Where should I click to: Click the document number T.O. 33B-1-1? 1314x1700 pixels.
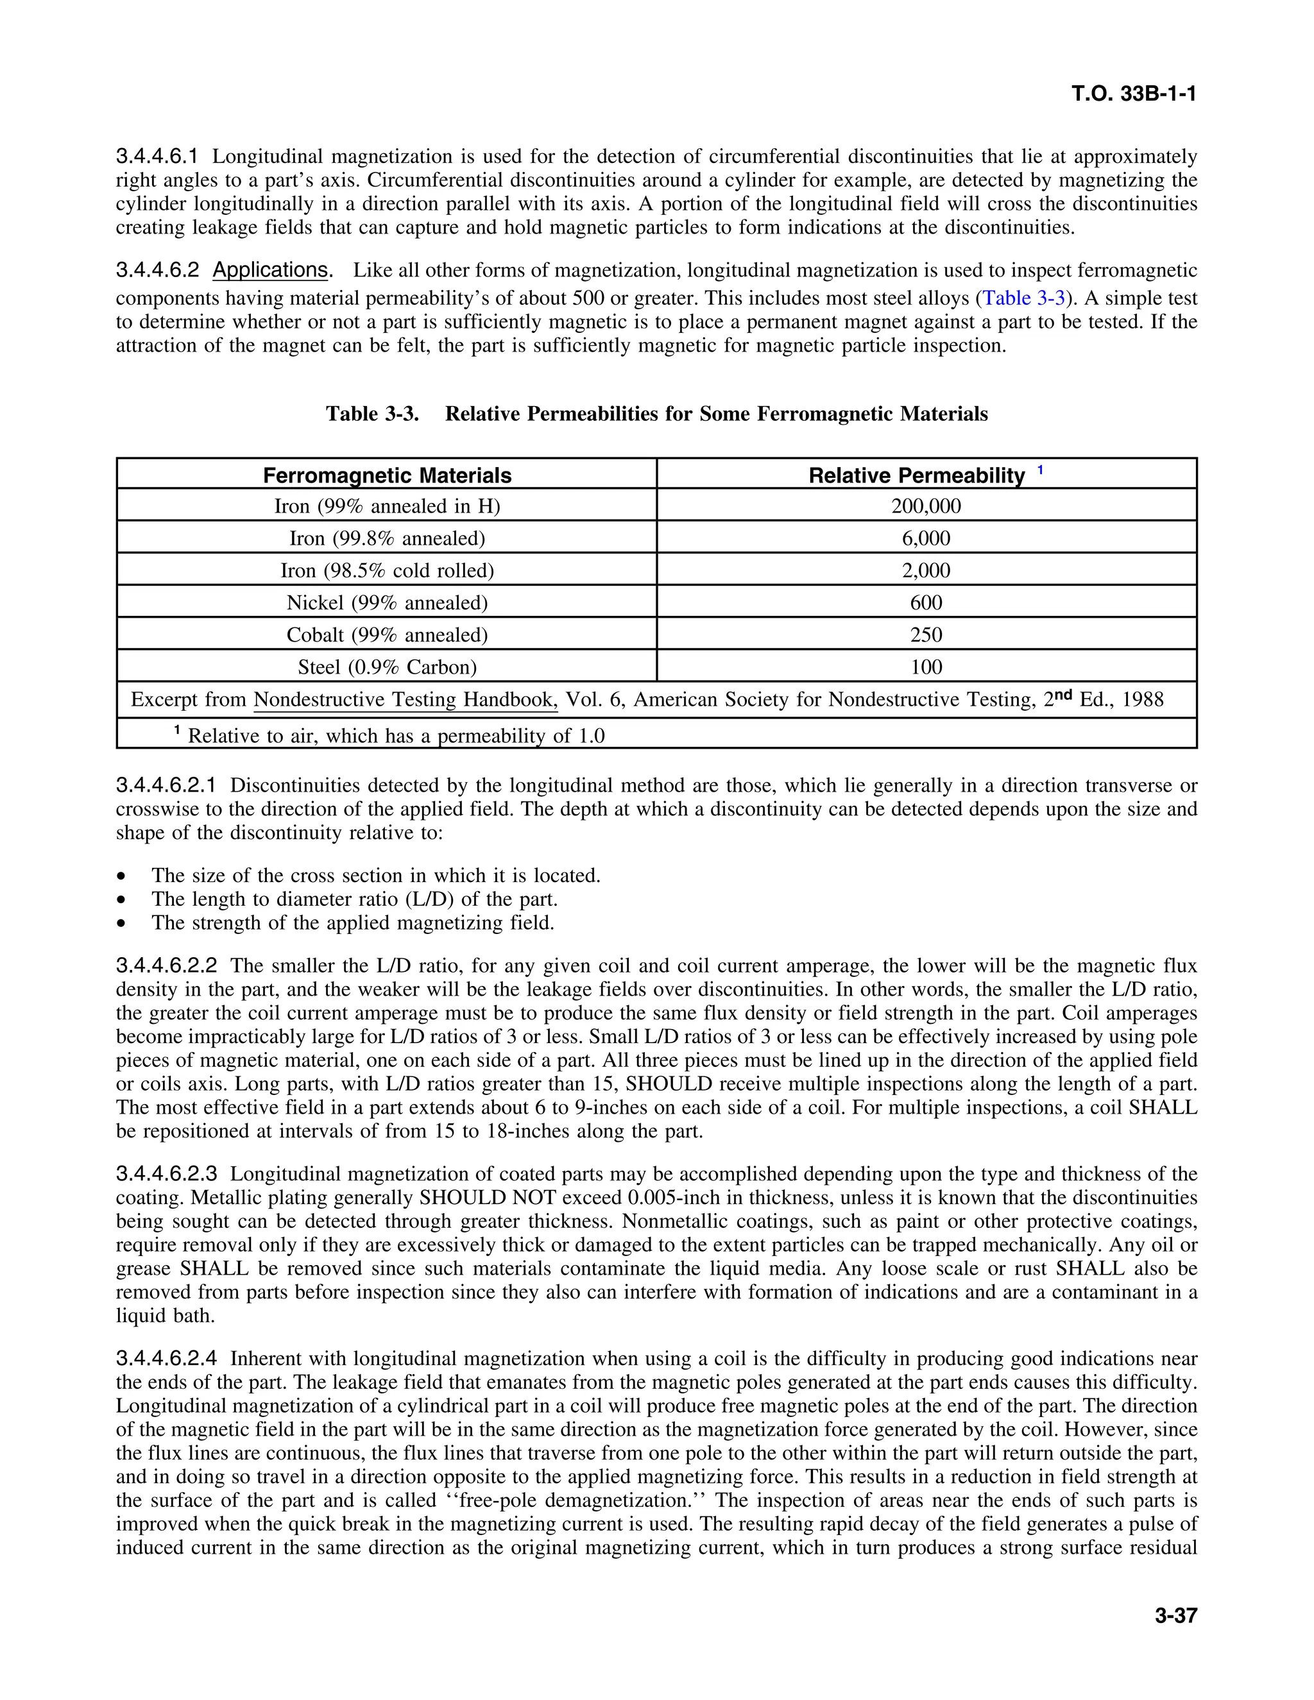1132,94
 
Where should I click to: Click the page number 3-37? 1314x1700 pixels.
1175,1615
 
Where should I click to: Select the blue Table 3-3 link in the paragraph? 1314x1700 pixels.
1023,298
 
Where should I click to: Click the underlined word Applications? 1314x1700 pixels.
270,270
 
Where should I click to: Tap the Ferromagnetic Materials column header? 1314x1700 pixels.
387,475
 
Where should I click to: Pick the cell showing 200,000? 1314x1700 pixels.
926,507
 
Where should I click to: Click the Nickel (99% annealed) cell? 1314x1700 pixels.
387,603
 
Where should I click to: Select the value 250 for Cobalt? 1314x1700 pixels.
926,635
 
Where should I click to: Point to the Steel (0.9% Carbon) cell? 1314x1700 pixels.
387,667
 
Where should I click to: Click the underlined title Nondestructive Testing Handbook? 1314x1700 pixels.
405,700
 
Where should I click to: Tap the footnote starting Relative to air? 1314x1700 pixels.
389,736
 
